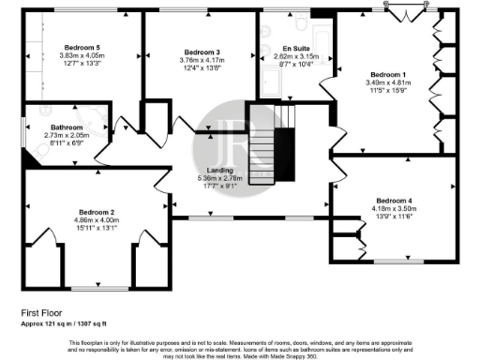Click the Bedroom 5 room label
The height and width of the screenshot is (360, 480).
pyautogui.click(x=82, y=47)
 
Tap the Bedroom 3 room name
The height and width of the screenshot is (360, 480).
pyautogui.click(x=202, y=52)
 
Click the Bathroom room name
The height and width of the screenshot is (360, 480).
pyautogui.click(x=67, y=126)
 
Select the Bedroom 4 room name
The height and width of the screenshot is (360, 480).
pyautogui.click(x=394, y=200)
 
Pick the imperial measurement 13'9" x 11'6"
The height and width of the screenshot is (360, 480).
pyautogui.click(x=394, y=217)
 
